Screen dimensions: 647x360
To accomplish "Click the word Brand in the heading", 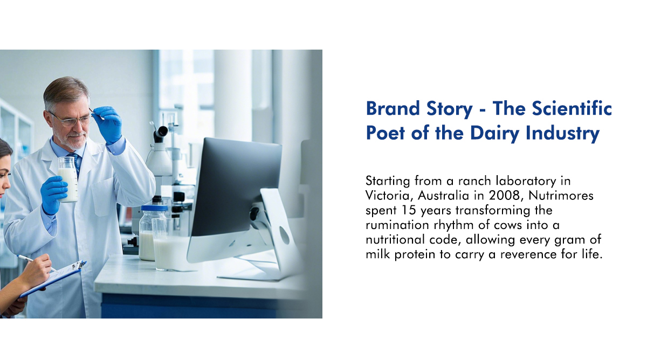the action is click(393, 108).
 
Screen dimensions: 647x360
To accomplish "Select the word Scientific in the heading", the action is click(572, 108).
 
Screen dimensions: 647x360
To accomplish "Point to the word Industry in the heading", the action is click(562, 133).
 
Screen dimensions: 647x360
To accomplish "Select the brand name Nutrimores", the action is click(561, 196).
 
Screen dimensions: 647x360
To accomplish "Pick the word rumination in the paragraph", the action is click(397, 225).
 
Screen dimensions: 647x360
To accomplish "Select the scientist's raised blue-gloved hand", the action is click(108, 124).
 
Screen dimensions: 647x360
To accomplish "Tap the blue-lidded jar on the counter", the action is click(152, 232).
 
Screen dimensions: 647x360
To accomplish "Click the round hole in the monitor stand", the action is click(284, 235).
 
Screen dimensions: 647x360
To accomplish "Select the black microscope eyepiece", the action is click(161, 133).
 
